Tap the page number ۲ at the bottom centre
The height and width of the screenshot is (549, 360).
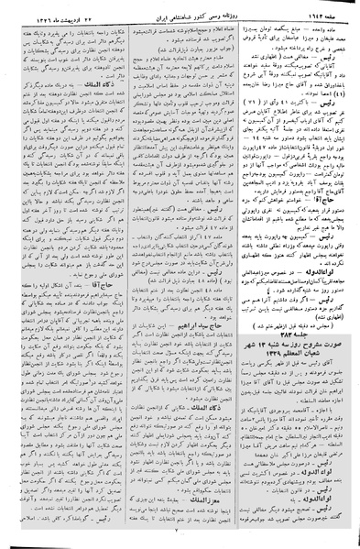[180, 542]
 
